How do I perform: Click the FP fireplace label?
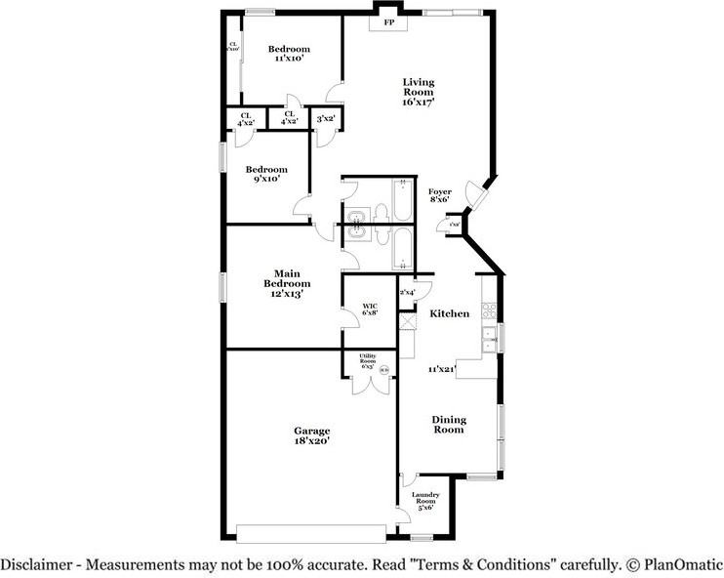(x=388, y=21)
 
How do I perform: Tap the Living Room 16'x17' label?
(x=419, y=91)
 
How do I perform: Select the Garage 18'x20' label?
(x=312, y=435)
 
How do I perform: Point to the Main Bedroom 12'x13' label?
(x=285, y=283)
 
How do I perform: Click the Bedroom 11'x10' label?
(x=289, y=54)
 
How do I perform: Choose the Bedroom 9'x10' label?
(x=262, y=173)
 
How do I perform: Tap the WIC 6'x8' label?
(x=370, y=310)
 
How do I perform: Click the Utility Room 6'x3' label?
(x=368, y=362)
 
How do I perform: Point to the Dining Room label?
(x=449, y=425)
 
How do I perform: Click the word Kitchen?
(x=449, y=313)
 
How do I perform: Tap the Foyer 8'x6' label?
(x=439, y=195)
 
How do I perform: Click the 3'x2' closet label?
(x=326, y=118)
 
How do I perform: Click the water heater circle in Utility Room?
(x=383, y=370)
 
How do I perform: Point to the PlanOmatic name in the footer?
(x=683, y=564)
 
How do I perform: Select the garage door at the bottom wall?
(x=312, y=533)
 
